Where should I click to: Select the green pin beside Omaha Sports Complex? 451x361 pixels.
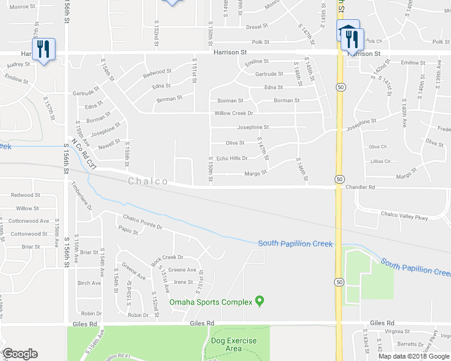260,301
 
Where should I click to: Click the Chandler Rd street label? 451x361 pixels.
361,187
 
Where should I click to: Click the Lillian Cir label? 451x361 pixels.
381,161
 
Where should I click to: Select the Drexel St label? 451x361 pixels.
257,27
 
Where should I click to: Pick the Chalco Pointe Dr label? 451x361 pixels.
143,222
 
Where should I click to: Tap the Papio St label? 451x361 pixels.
129,230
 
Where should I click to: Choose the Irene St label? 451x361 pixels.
183,282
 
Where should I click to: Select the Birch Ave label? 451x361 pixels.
89,283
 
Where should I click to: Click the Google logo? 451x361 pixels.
20,354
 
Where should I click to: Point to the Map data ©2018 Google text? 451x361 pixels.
413,356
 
